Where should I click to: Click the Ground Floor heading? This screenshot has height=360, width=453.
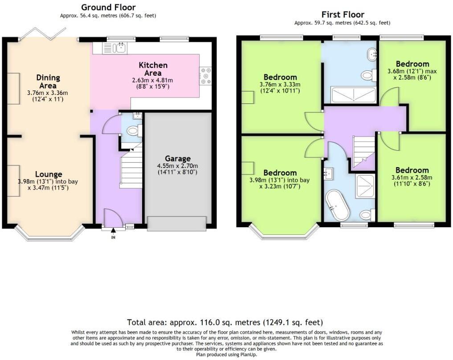pos(108,7)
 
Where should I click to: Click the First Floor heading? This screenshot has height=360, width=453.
pos(343,15)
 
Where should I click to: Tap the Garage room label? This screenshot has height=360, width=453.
pos(178,159)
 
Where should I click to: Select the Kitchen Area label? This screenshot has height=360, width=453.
pos(153,69)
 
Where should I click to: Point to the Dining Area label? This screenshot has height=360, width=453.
pos(48,82)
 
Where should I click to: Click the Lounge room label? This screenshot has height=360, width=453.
pos(49,174)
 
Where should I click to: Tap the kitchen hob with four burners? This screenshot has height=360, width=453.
pos(205,76)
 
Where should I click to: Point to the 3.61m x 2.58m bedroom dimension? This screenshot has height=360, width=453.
pos(412,180)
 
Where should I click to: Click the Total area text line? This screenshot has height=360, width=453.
pos(224,322)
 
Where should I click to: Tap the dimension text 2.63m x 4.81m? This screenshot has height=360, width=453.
pos(153,81)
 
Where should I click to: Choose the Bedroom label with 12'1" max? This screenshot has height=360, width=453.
pos(412,64)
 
